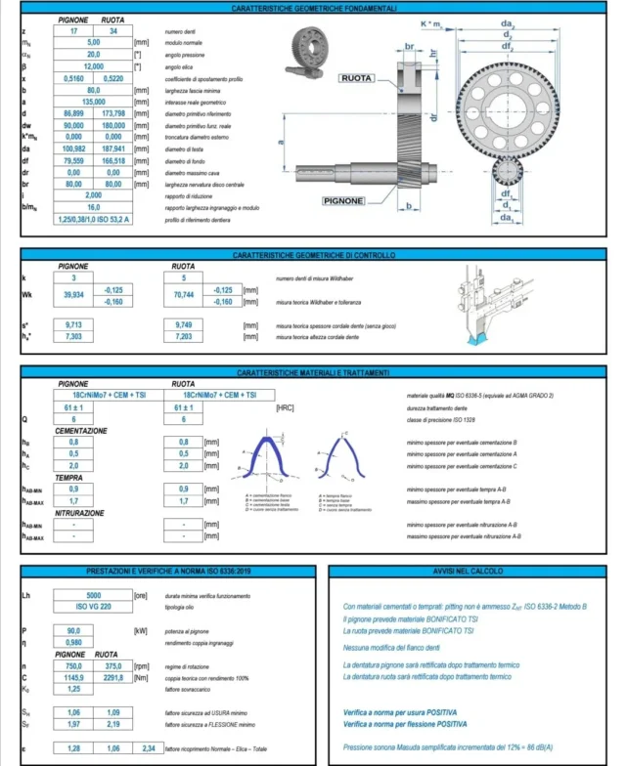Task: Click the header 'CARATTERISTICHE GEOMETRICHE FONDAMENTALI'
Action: pos(314,8)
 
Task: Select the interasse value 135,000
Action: pos(94,101)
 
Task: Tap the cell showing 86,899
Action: pos(74,114)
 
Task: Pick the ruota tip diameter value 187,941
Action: pos(114,149)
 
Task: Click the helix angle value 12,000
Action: pos(94,65)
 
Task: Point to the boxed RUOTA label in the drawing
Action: pos(361,76)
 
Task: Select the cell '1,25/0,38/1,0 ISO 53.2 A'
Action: pos(95,221)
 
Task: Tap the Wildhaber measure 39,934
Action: pos(74,295)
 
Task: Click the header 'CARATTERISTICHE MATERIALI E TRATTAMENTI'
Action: pos(314,373)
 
